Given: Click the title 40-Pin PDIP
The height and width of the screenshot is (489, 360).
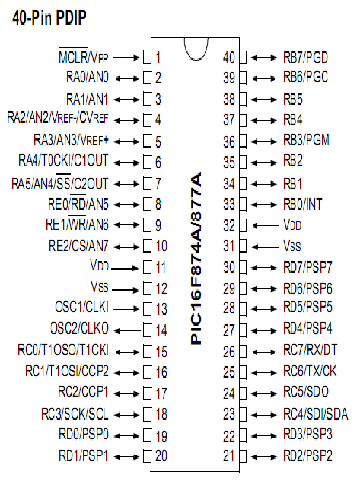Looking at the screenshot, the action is tap(49, 17).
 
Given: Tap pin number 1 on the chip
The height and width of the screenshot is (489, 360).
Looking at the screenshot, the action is tap(158, 58).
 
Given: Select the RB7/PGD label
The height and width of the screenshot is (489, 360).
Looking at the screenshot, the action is tap(306, 58).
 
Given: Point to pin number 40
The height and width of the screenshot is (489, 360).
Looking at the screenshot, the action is tap(229, 58).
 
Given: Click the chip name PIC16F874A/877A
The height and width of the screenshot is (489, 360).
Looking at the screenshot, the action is tap(196, 259).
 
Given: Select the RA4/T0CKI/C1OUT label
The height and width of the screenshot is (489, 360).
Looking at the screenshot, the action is tap(64, 161).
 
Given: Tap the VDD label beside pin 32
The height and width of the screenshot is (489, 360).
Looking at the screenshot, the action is tap(292, 224).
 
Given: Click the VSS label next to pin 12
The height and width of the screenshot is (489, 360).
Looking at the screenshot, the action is tap(100, 287).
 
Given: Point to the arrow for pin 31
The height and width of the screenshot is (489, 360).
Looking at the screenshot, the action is tap(265, 247).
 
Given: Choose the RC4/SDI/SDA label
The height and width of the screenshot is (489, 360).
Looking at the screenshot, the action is tap(315, 414).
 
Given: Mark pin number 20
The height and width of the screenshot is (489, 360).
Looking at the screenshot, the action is tap(162, 456).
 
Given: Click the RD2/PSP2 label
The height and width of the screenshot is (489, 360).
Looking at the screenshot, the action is tap(308, 456).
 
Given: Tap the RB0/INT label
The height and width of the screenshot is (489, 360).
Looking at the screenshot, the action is tap(302, 204).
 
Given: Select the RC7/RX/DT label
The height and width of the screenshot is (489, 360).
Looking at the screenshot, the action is tap(310, 350).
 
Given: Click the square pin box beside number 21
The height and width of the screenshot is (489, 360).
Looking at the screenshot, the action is tap(243, 456).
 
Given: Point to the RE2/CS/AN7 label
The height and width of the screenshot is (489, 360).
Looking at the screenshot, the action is tap(79, 245).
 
